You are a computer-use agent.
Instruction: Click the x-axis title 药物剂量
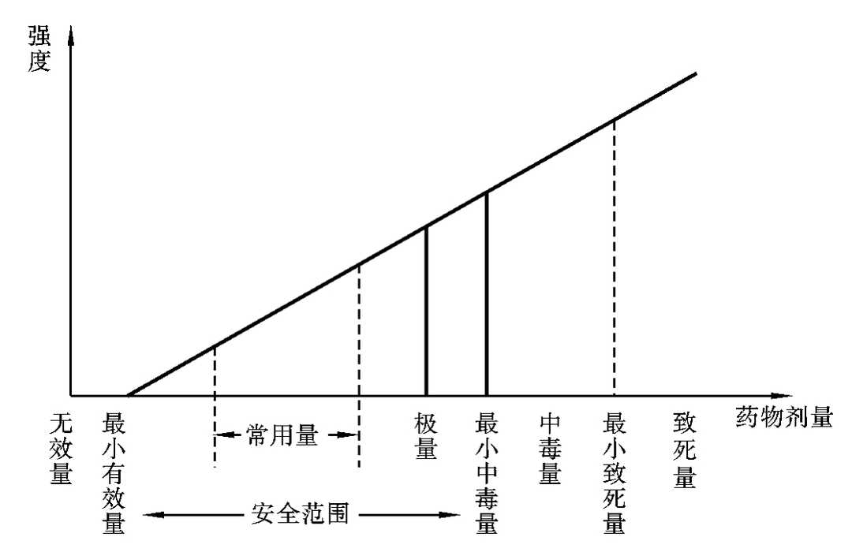785,416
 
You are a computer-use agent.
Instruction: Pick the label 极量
426,436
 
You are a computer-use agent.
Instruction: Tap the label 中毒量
549,449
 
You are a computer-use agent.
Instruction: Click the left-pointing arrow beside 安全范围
150,517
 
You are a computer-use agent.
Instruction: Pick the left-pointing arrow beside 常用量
223,435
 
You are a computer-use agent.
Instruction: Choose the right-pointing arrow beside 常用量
347,435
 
